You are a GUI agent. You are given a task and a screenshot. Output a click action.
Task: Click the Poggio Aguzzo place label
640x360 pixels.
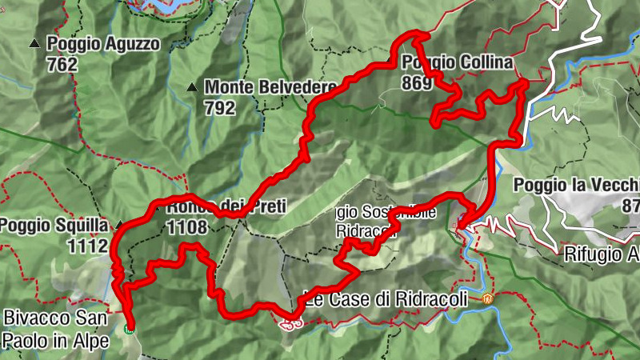click(103, 44)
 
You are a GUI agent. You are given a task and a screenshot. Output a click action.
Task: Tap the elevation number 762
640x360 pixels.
click(62, 65)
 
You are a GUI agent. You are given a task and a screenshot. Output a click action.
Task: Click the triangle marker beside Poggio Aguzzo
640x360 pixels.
click(34, 43)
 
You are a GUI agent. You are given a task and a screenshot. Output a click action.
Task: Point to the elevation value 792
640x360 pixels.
click(220, 107)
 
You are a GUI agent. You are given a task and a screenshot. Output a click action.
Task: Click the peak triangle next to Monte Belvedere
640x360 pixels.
click(192, 87)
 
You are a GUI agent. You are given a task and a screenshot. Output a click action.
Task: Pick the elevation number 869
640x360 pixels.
click(418, 83)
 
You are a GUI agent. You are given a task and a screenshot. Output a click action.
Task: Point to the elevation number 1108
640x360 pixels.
click(187, 228)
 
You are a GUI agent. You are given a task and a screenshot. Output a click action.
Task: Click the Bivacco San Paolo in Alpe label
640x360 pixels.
click(54, 329)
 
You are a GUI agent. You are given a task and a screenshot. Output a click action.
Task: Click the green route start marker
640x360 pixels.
click(130, 326)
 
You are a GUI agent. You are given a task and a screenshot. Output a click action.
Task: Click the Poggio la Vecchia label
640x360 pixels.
click(576, 186)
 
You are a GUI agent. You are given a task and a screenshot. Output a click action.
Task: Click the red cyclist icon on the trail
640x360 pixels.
click(291, 323)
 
